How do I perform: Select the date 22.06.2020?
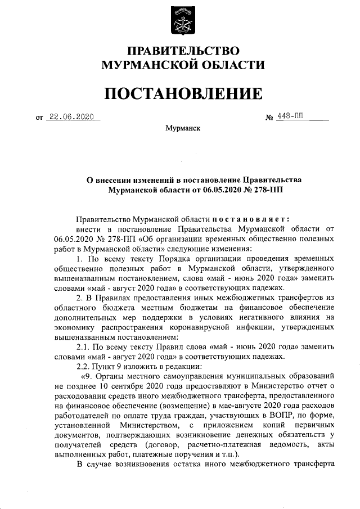coord(71,117)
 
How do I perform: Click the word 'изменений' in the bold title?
coord(154,180)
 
